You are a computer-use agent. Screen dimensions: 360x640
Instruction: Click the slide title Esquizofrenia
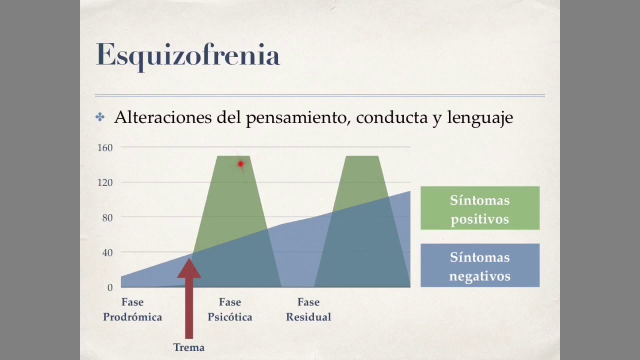[x=187, y=55]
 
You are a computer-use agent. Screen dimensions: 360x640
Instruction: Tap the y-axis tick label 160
[x=105, y=147]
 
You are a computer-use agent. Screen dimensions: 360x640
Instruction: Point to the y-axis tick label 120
[x=105, y=182]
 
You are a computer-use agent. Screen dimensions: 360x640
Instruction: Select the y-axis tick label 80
[x=107, y=217]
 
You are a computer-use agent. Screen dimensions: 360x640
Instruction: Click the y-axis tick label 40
[x=107, y=252]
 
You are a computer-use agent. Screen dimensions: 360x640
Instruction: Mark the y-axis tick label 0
[x=109, y=287]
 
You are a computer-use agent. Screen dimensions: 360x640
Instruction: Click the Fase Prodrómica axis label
[x=132, y=309]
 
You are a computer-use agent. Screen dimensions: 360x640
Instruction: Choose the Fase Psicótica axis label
[x=230, y=309]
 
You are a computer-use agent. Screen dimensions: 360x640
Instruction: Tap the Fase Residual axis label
[x=308, y=309]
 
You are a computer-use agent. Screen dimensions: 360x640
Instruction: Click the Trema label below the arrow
[x=188, y=347]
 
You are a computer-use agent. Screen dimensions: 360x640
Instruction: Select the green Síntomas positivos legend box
[x=479, y=208]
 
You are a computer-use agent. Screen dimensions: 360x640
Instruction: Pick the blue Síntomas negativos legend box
[x=479, y=265]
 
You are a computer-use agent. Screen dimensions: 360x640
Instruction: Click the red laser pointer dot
[x=240, y=164]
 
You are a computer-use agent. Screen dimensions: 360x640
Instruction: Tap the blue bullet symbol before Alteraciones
[x=100, y=117]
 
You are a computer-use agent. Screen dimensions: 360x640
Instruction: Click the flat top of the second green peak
[x=362, y=157]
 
